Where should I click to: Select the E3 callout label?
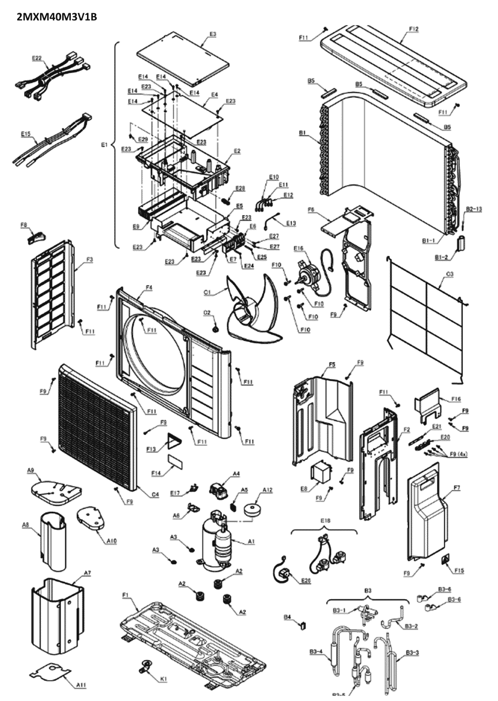(213, 34)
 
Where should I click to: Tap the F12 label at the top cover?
(413, 30)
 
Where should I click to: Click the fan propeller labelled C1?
(254, 308)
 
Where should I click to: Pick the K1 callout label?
(164, 679)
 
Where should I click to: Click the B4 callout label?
(288, 617)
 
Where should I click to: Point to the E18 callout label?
(326, 521)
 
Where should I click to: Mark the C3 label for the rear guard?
(449, 274)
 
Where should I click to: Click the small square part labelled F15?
(446, 559)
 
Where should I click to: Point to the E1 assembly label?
(103, 145)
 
